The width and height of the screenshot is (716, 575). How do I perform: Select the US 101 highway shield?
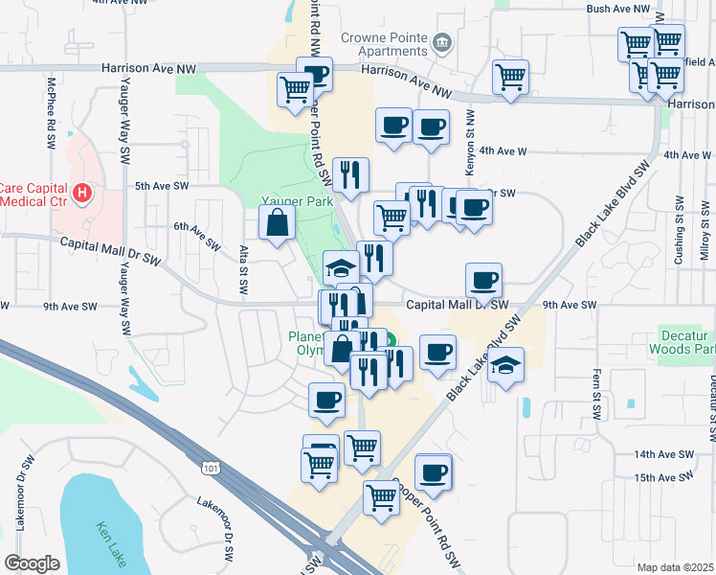tap(209, 467)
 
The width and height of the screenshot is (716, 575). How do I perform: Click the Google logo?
tap(33, 563)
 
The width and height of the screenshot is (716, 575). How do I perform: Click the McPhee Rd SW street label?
tap(50, 113)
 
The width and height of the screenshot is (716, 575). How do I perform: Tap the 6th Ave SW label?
tap(196, 233)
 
